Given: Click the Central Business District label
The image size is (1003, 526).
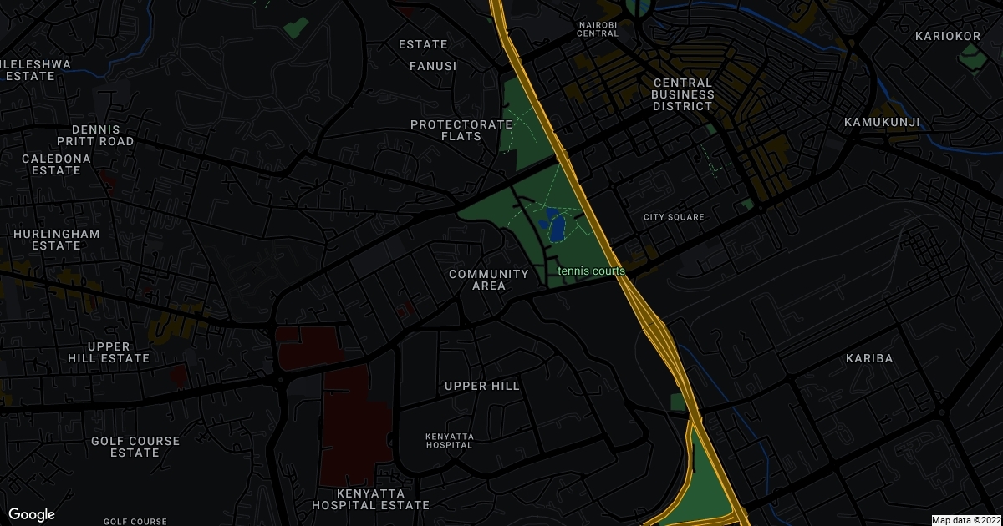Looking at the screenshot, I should [683, 94].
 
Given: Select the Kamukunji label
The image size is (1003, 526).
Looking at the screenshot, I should [882, 122].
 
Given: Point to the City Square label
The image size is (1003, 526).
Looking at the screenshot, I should [674, 217].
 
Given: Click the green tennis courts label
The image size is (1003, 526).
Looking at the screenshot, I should [592, 271].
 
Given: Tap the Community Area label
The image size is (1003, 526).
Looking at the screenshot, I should [489, 280].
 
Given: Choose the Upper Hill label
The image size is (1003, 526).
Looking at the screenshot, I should [482, 386].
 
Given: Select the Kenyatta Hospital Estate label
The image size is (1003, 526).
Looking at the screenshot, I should [370, 499].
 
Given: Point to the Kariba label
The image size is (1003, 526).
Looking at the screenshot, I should [869, 358].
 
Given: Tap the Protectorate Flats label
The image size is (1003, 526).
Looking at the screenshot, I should [461, 130].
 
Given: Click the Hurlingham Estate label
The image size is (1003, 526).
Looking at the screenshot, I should [56, 240].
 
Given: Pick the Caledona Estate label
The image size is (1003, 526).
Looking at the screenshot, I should [51, 164].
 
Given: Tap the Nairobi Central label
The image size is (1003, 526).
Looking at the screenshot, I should [598, 29].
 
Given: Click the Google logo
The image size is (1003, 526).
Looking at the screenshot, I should [32, 514].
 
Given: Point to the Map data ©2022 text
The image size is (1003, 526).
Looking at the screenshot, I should [965, 520].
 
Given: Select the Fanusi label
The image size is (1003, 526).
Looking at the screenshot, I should [433, 65].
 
